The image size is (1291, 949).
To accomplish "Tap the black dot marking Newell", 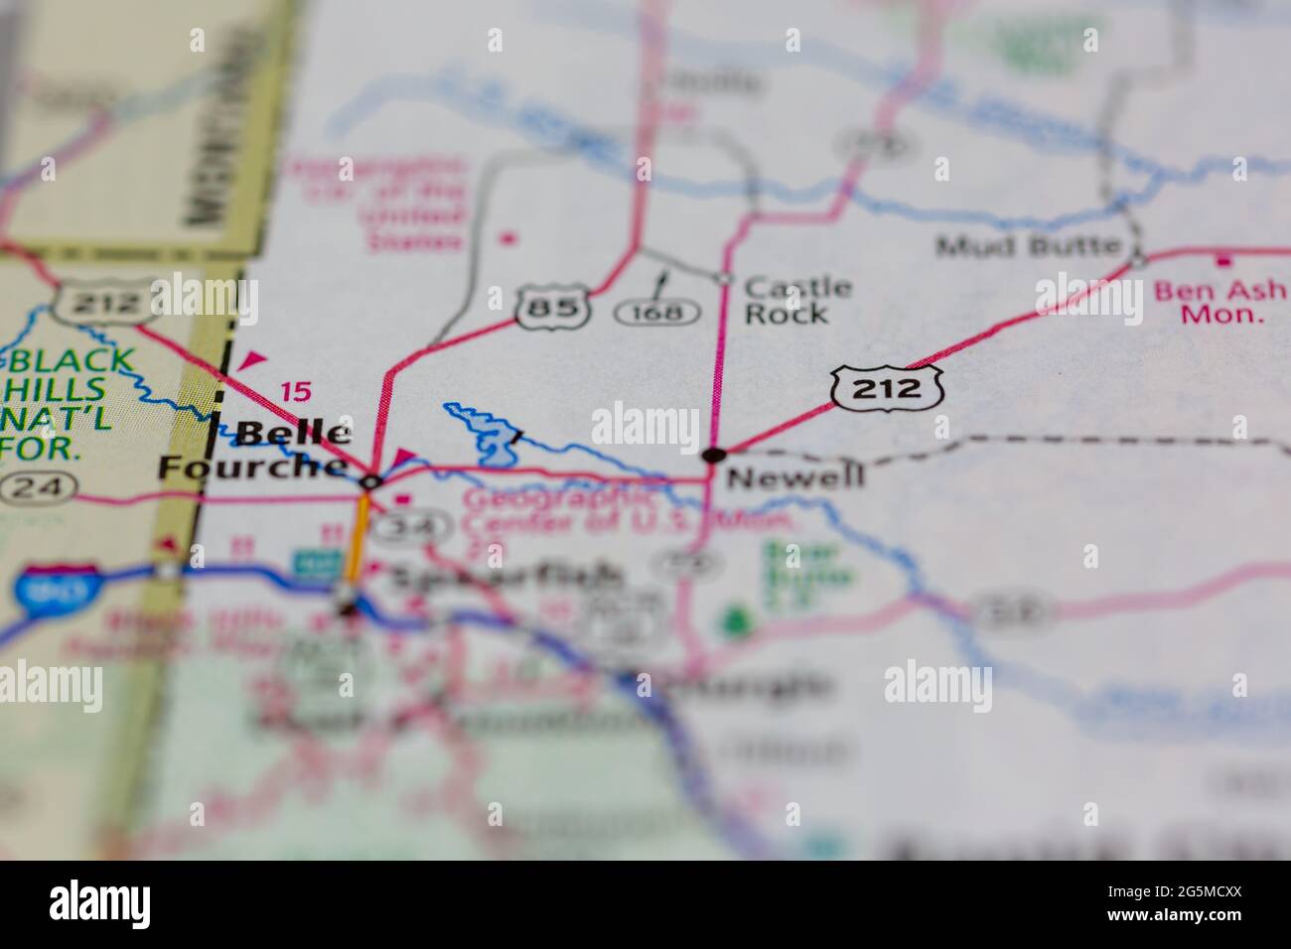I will (713, 455).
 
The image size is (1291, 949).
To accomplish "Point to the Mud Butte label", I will (1028, 245).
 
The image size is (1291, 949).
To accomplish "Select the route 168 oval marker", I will (657, 313).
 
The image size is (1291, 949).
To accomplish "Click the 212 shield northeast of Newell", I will (886, 387).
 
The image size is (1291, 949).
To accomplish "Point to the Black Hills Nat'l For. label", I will (65, 402).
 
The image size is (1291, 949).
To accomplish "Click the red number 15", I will (294, 392).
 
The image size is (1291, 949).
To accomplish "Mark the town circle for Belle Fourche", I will (370, 482).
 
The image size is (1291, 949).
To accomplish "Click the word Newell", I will (794, 477).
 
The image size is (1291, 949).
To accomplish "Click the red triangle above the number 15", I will (255, 359).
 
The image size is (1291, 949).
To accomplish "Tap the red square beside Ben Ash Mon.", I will (1224, 260).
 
